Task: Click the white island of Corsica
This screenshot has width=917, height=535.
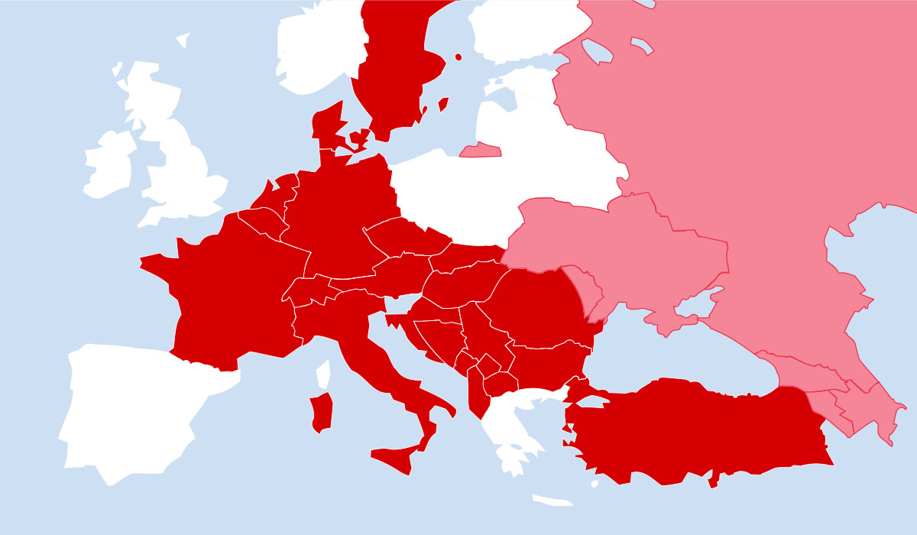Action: [323, 374]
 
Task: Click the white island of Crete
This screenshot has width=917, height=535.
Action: [552, 501]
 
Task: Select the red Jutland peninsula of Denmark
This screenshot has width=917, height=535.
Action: [326, 126]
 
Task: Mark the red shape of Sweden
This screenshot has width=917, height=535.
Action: [390, 61]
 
